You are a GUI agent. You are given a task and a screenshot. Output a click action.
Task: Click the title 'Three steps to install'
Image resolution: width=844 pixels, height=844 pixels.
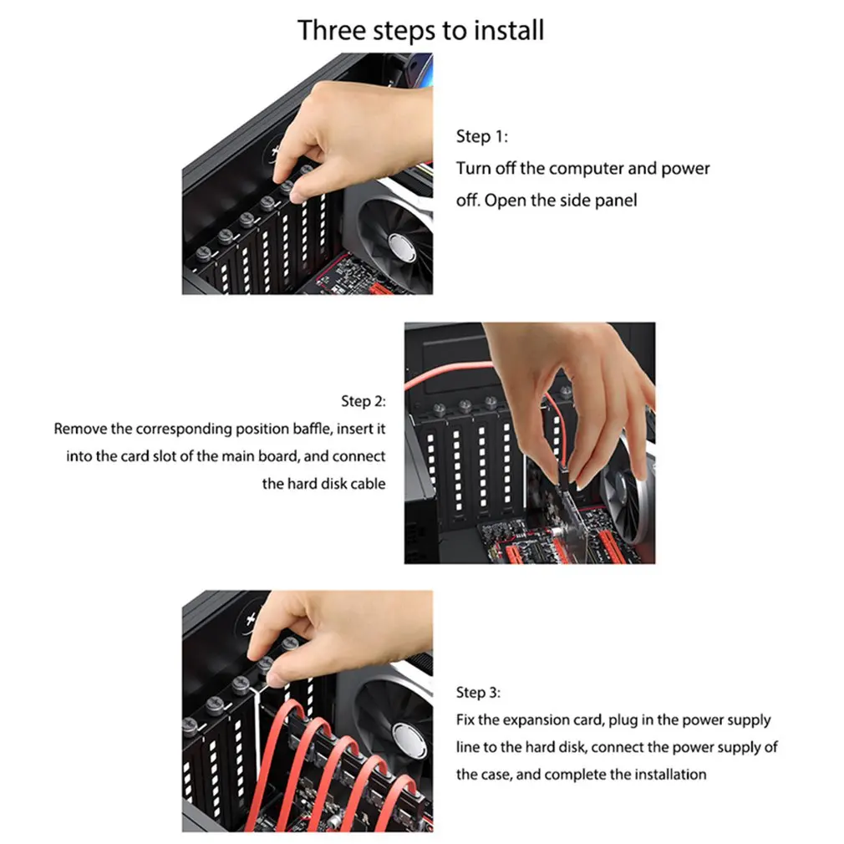[x=420, y=30]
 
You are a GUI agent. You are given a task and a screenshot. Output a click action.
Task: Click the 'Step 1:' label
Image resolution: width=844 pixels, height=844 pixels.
[x=481, y=137]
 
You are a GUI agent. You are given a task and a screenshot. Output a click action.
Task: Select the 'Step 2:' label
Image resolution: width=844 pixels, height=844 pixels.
[x=364, y=402]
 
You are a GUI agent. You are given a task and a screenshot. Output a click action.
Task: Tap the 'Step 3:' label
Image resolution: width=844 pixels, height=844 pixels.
[x=478, y=693]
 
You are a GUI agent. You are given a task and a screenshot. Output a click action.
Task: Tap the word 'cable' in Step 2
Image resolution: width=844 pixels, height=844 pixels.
[x=368, y=484]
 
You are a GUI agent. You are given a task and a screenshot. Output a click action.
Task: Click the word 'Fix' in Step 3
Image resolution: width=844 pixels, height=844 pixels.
[x=465, y=720]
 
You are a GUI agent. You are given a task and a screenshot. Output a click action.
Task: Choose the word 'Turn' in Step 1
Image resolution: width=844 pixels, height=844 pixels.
[x=474, y=169]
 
